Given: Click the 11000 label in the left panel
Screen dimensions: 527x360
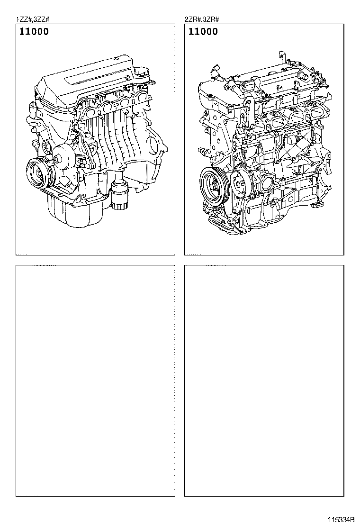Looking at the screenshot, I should click(34, 32).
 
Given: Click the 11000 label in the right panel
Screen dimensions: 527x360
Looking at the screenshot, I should click(203, 32).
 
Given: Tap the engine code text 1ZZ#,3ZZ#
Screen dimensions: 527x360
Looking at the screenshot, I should click(33, 19).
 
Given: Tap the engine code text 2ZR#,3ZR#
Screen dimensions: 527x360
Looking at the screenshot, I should click(201, 19).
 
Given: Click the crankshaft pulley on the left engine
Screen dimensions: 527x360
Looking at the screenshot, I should click(37, 174).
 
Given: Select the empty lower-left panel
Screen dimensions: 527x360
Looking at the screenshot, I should click(95, 381).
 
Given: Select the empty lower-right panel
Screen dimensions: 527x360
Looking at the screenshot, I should click(264, 381).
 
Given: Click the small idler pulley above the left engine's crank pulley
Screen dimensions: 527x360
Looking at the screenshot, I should click(47, 145).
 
